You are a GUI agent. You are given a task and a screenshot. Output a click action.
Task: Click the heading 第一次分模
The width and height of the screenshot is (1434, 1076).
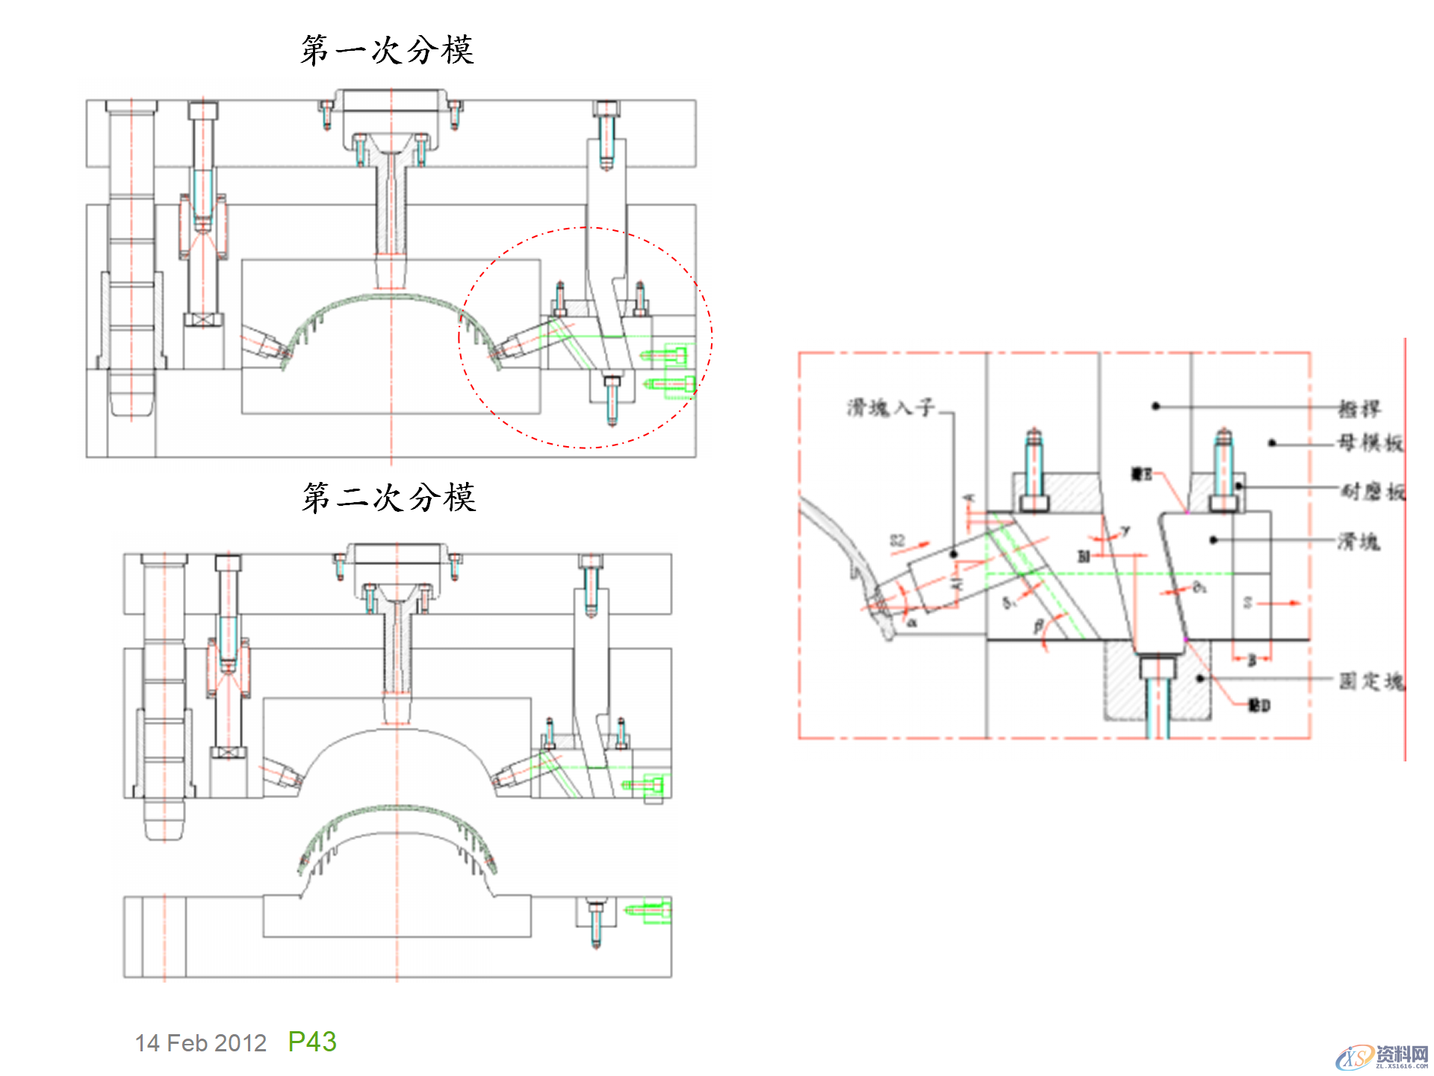tap(387, 51)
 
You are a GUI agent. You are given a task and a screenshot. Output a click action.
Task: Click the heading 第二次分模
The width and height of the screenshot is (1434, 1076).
tap(388, 498)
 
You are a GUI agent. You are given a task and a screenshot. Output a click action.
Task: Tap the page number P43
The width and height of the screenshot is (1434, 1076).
tap(312, 1042)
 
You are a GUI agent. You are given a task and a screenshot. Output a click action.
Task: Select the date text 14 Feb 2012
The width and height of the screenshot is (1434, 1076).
tap(200, 1043)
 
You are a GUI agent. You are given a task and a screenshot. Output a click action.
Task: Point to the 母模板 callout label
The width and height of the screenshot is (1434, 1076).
tap(1370, 443)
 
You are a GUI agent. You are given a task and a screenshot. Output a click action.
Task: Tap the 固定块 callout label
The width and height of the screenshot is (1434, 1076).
tap(1371, 681)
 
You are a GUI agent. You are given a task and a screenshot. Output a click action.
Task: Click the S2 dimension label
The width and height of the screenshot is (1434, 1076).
tap(897, 540)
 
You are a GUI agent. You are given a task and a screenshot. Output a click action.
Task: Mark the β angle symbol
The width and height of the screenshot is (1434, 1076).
tap(1038, 626)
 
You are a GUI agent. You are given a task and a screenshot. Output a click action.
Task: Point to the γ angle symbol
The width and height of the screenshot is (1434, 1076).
tap(1125, 531)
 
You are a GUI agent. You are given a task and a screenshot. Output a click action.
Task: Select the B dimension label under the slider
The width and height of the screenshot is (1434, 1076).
tap(1252, 660)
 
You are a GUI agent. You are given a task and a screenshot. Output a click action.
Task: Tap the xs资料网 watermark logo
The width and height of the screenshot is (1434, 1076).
tap(1382, 1057)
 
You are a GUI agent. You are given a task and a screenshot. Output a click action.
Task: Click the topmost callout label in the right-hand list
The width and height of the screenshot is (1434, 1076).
tap(1359, 409)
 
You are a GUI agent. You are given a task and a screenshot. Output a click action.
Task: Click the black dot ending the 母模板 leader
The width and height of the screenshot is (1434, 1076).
tap(1272, 444)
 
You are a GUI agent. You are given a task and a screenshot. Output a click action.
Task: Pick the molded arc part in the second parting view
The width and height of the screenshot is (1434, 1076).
tap(397, 829)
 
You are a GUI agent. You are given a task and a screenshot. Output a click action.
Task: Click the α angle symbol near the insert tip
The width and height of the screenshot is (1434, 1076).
tap(912, 622)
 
